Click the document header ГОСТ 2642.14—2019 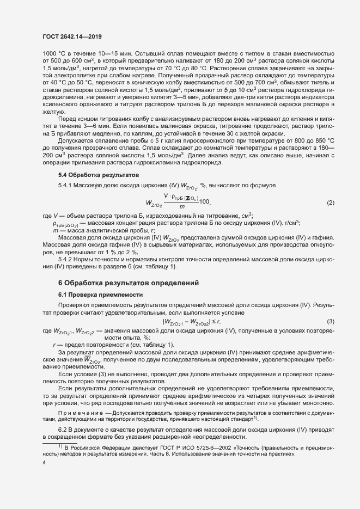[x=72, y=36]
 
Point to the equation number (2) [x=330, y=203]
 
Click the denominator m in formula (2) [x=181, y=207]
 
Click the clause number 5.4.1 [x=66, y=186]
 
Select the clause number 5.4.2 [x=66, y=260]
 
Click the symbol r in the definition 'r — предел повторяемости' [x=54, y=345]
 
